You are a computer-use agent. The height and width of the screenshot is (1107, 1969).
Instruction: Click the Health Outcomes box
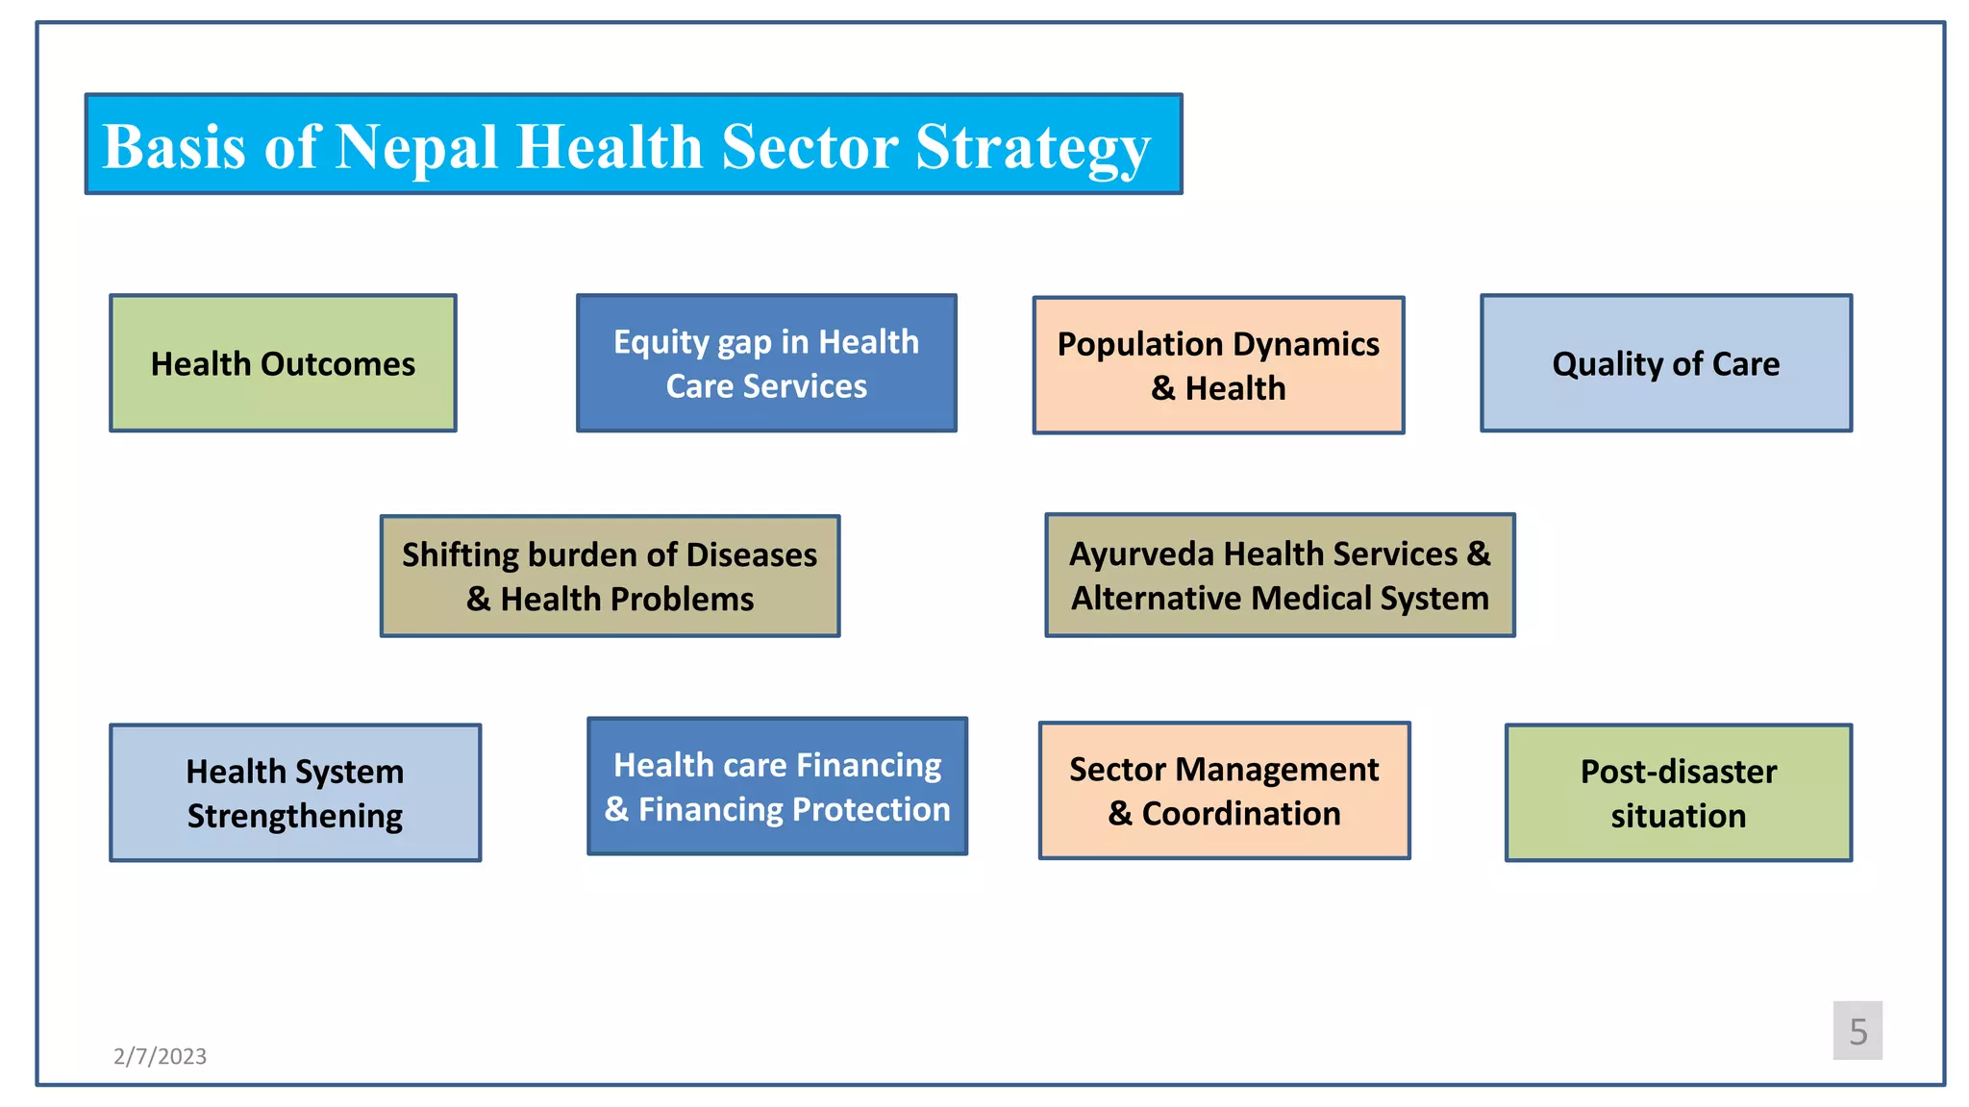(x=283, y=363)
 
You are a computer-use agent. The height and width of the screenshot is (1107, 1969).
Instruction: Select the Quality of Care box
(x=1665, y=363)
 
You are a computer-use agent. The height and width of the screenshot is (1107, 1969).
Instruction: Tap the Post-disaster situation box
(x=1678, y=793)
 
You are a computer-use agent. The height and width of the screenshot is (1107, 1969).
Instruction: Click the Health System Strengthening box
(x=295, y=793)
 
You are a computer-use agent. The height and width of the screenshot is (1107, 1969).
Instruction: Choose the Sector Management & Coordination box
(x=1224, y=790)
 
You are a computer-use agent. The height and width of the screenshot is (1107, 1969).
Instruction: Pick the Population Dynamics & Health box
(x=1218, y=365)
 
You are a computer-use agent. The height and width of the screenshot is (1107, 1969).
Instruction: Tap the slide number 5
(x=1857, y=1031)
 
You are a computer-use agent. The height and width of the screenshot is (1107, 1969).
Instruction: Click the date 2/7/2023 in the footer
(x=160, y=1056)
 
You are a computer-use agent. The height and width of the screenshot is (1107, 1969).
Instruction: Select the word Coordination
(x=1240, y=814)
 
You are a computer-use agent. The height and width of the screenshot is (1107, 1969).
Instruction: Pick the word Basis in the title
(x=174, y=147)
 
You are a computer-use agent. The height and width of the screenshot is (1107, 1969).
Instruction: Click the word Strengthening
(x=295, y=817)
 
